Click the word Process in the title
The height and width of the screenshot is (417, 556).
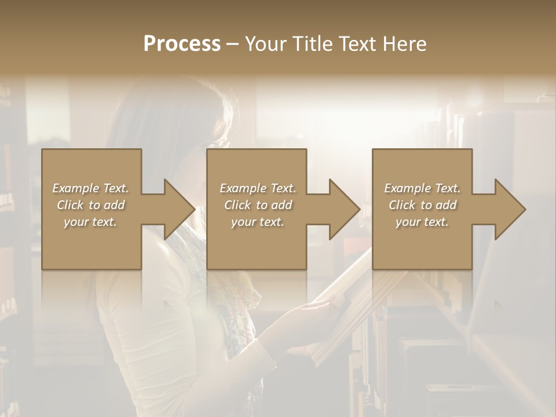[x=182, y=44]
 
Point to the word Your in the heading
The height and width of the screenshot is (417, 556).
[x=266, y=44]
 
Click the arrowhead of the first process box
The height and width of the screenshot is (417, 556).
[x=178, y=209]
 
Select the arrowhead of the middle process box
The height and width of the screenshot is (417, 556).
[x=343, y=209]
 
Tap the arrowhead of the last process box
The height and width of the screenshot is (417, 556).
[x=509, y=209]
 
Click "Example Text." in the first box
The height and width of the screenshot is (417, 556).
[x=90, y=188]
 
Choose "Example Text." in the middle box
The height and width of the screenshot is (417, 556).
[x=258, y=188]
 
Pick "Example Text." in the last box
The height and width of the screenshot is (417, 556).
[x=422, y=188]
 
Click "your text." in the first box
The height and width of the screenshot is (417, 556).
[x=90, y=222]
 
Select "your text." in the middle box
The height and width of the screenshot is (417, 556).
[x=258, y=222]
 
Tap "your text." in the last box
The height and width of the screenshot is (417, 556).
[x=422, y=222]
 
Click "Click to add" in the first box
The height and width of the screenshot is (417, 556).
[x=90, y=205]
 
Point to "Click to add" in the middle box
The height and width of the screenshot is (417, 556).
[x=258, y=205]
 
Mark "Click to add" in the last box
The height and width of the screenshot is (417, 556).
[x=422, y=205]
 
